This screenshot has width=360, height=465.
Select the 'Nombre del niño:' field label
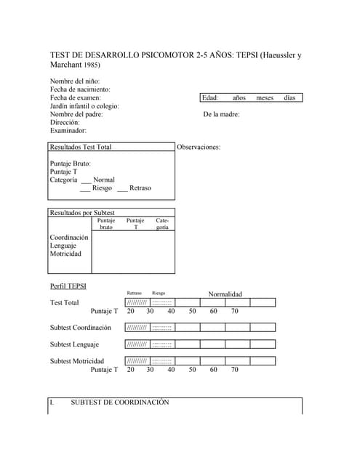coord(75,81)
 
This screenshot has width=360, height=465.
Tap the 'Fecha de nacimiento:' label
coord(80,89)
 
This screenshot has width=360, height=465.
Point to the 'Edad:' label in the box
coord(210,97)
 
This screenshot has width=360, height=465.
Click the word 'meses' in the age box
coord(265,97)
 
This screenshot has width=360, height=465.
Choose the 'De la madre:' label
coord(221,114)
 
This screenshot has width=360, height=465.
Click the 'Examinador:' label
coord(68,131)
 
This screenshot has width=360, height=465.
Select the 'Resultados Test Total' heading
coord(81,147)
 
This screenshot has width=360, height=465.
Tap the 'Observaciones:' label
coord(199,147)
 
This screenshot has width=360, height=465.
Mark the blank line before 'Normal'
coord(86,180)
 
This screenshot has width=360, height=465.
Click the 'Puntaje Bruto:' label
coord(71,163)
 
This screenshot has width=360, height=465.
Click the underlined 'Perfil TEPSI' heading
coord(68,286)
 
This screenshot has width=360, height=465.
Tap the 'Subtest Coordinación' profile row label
coord(81,328)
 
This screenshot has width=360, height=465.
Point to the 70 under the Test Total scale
coord(235,311)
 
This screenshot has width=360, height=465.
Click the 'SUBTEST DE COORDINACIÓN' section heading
coord(119,402)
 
